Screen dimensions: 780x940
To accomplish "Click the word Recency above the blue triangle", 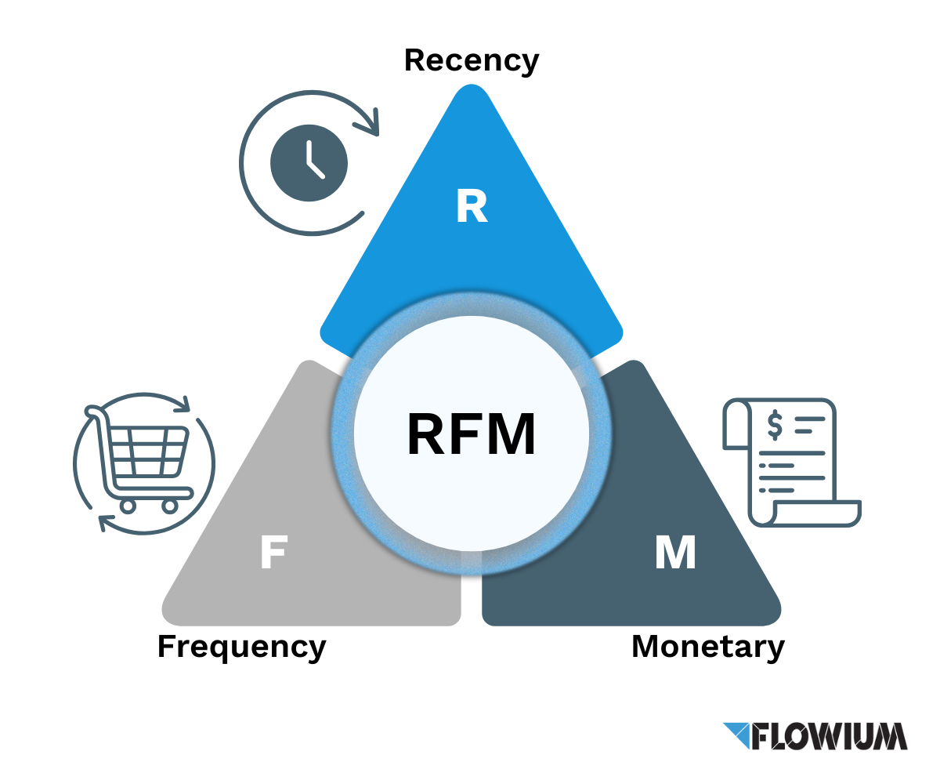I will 472,60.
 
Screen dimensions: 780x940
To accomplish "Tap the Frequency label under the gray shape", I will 241,648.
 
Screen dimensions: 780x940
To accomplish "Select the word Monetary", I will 707,648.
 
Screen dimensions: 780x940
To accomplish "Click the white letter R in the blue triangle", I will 472,206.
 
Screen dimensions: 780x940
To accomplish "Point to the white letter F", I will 272,553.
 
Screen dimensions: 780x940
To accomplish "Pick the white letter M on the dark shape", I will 674,553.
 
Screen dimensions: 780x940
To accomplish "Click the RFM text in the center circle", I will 472,434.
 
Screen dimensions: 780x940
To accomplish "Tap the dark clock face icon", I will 309,163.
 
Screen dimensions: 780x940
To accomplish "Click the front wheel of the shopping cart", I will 169,506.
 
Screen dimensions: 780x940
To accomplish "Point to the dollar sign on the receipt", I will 775,425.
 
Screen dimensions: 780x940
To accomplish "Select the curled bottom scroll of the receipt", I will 807,513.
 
